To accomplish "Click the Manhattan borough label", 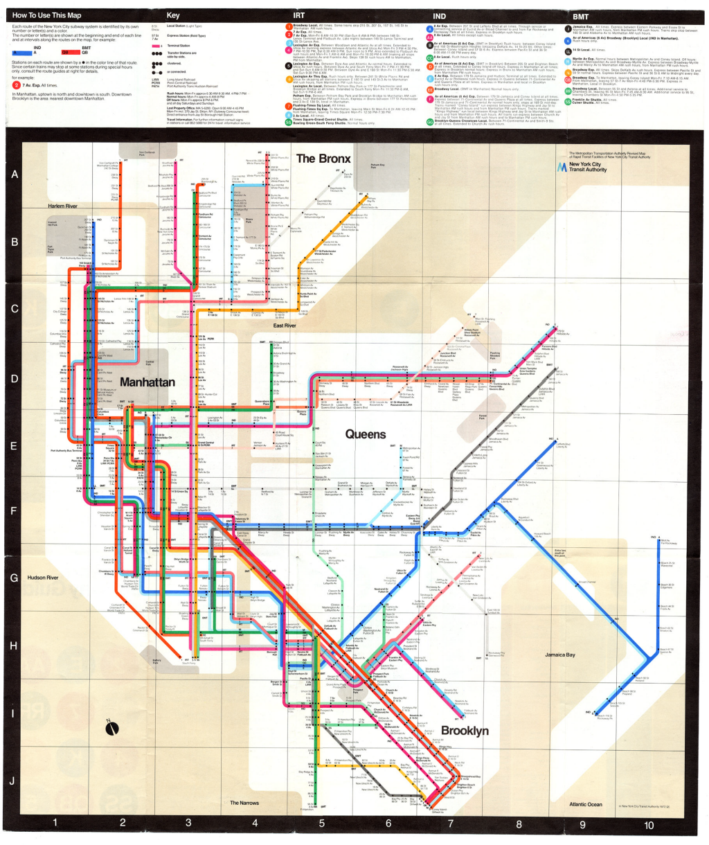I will [147, 382].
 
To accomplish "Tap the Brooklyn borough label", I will [465, 731].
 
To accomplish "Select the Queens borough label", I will [366, 434].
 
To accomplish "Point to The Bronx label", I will [323, 158].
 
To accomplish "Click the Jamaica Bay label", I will [559, 655].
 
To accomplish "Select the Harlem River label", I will [62, 206].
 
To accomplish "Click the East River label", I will [285, 325].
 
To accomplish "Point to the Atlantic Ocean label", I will [586, 804].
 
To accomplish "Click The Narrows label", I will [244, 803].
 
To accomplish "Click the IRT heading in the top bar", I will [299, 15].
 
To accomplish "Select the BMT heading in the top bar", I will [580, 15].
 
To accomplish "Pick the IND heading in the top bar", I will [440, 15].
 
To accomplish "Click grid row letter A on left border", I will [14, 175].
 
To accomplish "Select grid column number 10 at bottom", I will [648, 825].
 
